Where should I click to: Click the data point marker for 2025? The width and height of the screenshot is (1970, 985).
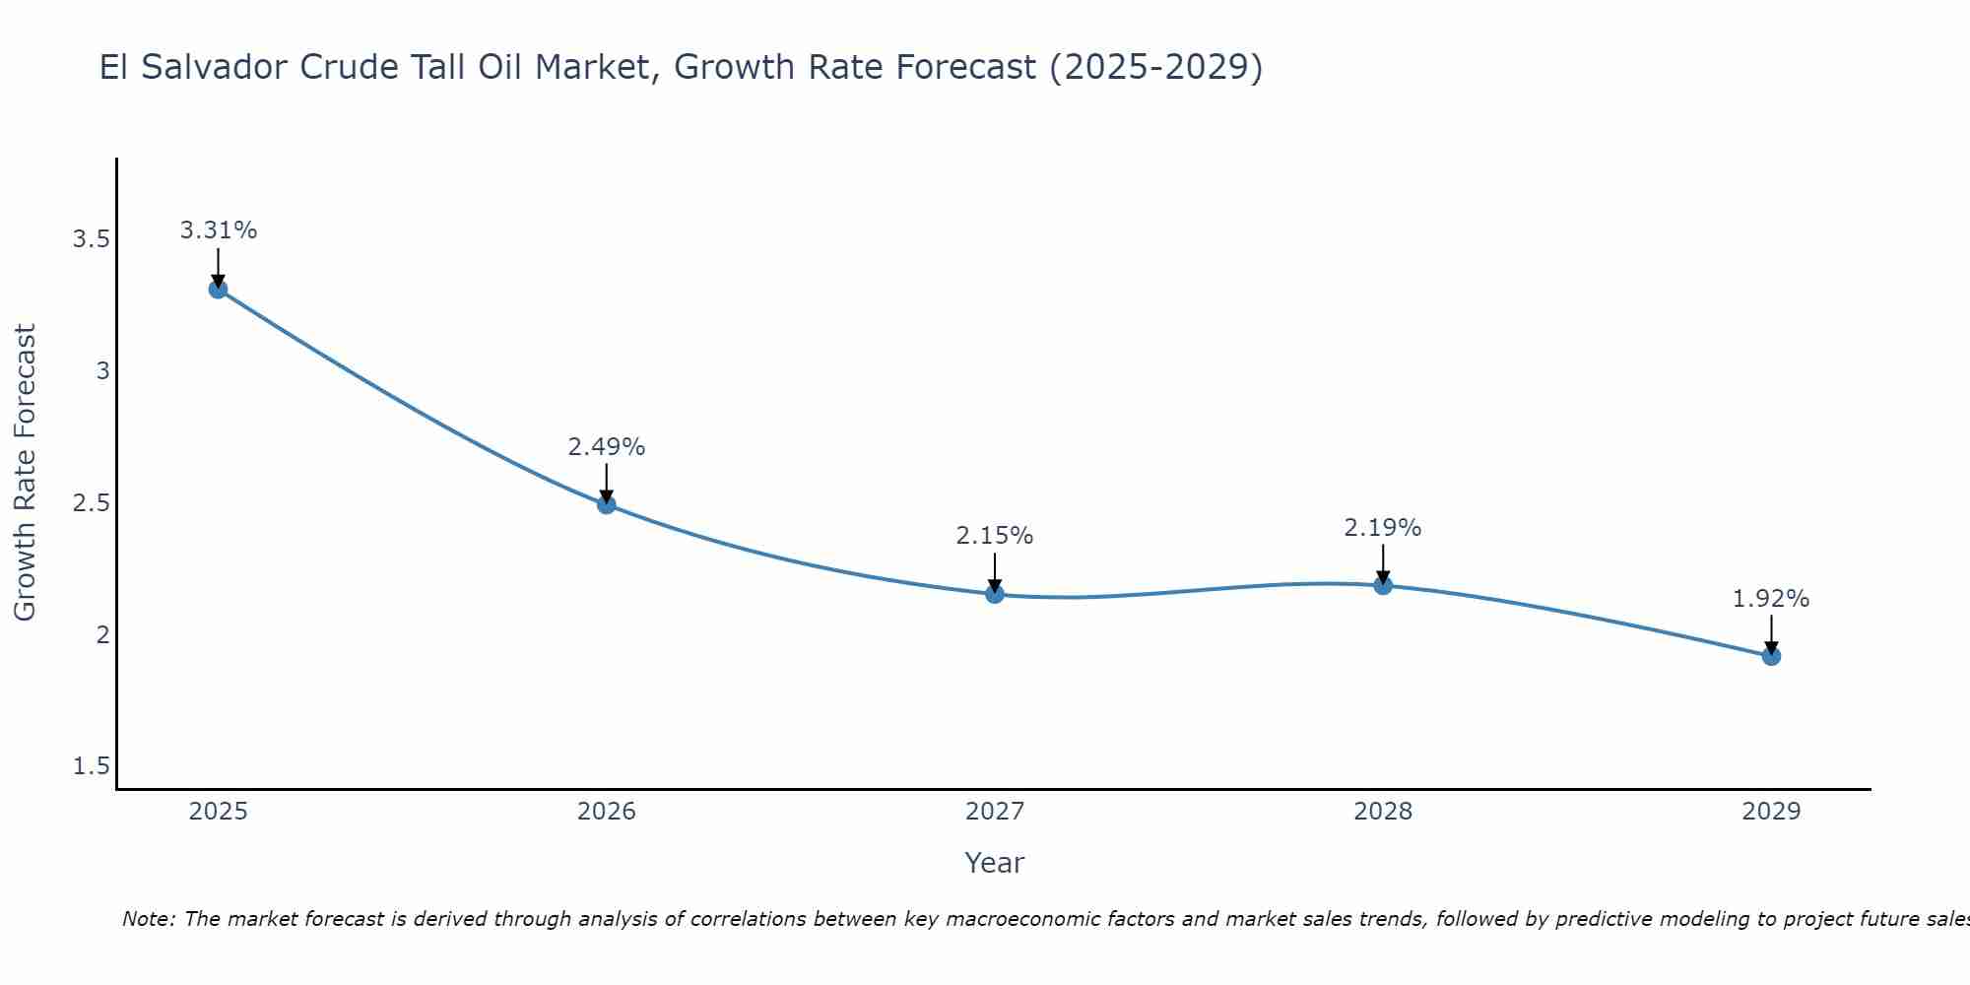tap(219, 289)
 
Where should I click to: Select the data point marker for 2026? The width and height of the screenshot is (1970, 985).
tap(607, 504)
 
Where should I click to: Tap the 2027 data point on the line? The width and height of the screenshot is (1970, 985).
tap(995, 594)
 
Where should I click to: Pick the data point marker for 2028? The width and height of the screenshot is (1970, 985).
tap(1383, 585)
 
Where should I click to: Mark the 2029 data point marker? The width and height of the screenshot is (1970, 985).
tap(1771, 656)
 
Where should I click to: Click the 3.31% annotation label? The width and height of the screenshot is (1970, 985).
tap(219, 230)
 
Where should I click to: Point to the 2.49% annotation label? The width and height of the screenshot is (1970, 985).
tap(607, 447)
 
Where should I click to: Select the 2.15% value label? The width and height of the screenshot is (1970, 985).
tap(995, 536)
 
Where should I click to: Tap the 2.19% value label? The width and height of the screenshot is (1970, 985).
tap(1383, 528)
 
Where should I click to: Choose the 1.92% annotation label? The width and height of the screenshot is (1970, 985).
tap(1771, 599)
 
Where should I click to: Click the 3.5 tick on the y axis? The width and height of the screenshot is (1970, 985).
tap(91, 239)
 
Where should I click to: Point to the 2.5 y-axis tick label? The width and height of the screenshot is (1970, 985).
tap(91, 503)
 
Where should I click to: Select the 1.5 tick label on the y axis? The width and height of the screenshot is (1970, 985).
tap(91, 766)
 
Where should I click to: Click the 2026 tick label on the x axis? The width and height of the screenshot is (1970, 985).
tap(607, 812)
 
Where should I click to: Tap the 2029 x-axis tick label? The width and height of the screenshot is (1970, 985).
tap(1771, 812)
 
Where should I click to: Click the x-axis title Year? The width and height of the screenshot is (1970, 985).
tap(995, 863)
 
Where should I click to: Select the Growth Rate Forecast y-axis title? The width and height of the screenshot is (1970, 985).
tap(26, 473)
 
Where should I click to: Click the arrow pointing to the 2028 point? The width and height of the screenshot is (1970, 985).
tap(1383, 564)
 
